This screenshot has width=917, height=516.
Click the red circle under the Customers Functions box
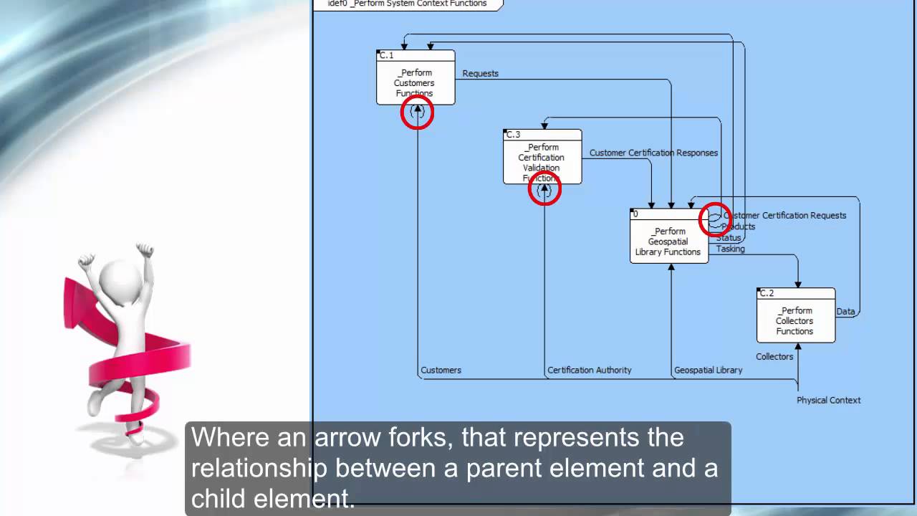417,113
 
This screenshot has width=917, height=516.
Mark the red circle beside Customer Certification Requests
714,219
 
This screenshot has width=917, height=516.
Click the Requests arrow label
480,74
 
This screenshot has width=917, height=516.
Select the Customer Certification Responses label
653,153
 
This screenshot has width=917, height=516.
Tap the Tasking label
730,249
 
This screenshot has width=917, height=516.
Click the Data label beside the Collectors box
845,312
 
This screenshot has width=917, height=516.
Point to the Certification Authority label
590,371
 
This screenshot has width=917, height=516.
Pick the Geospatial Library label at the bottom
708,371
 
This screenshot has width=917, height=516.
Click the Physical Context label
828,400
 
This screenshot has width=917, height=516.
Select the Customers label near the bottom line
441,371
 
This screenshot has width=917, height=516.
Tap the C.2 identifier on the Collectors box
767,293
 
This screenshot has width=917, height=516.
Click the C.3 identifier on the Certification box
513,135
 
